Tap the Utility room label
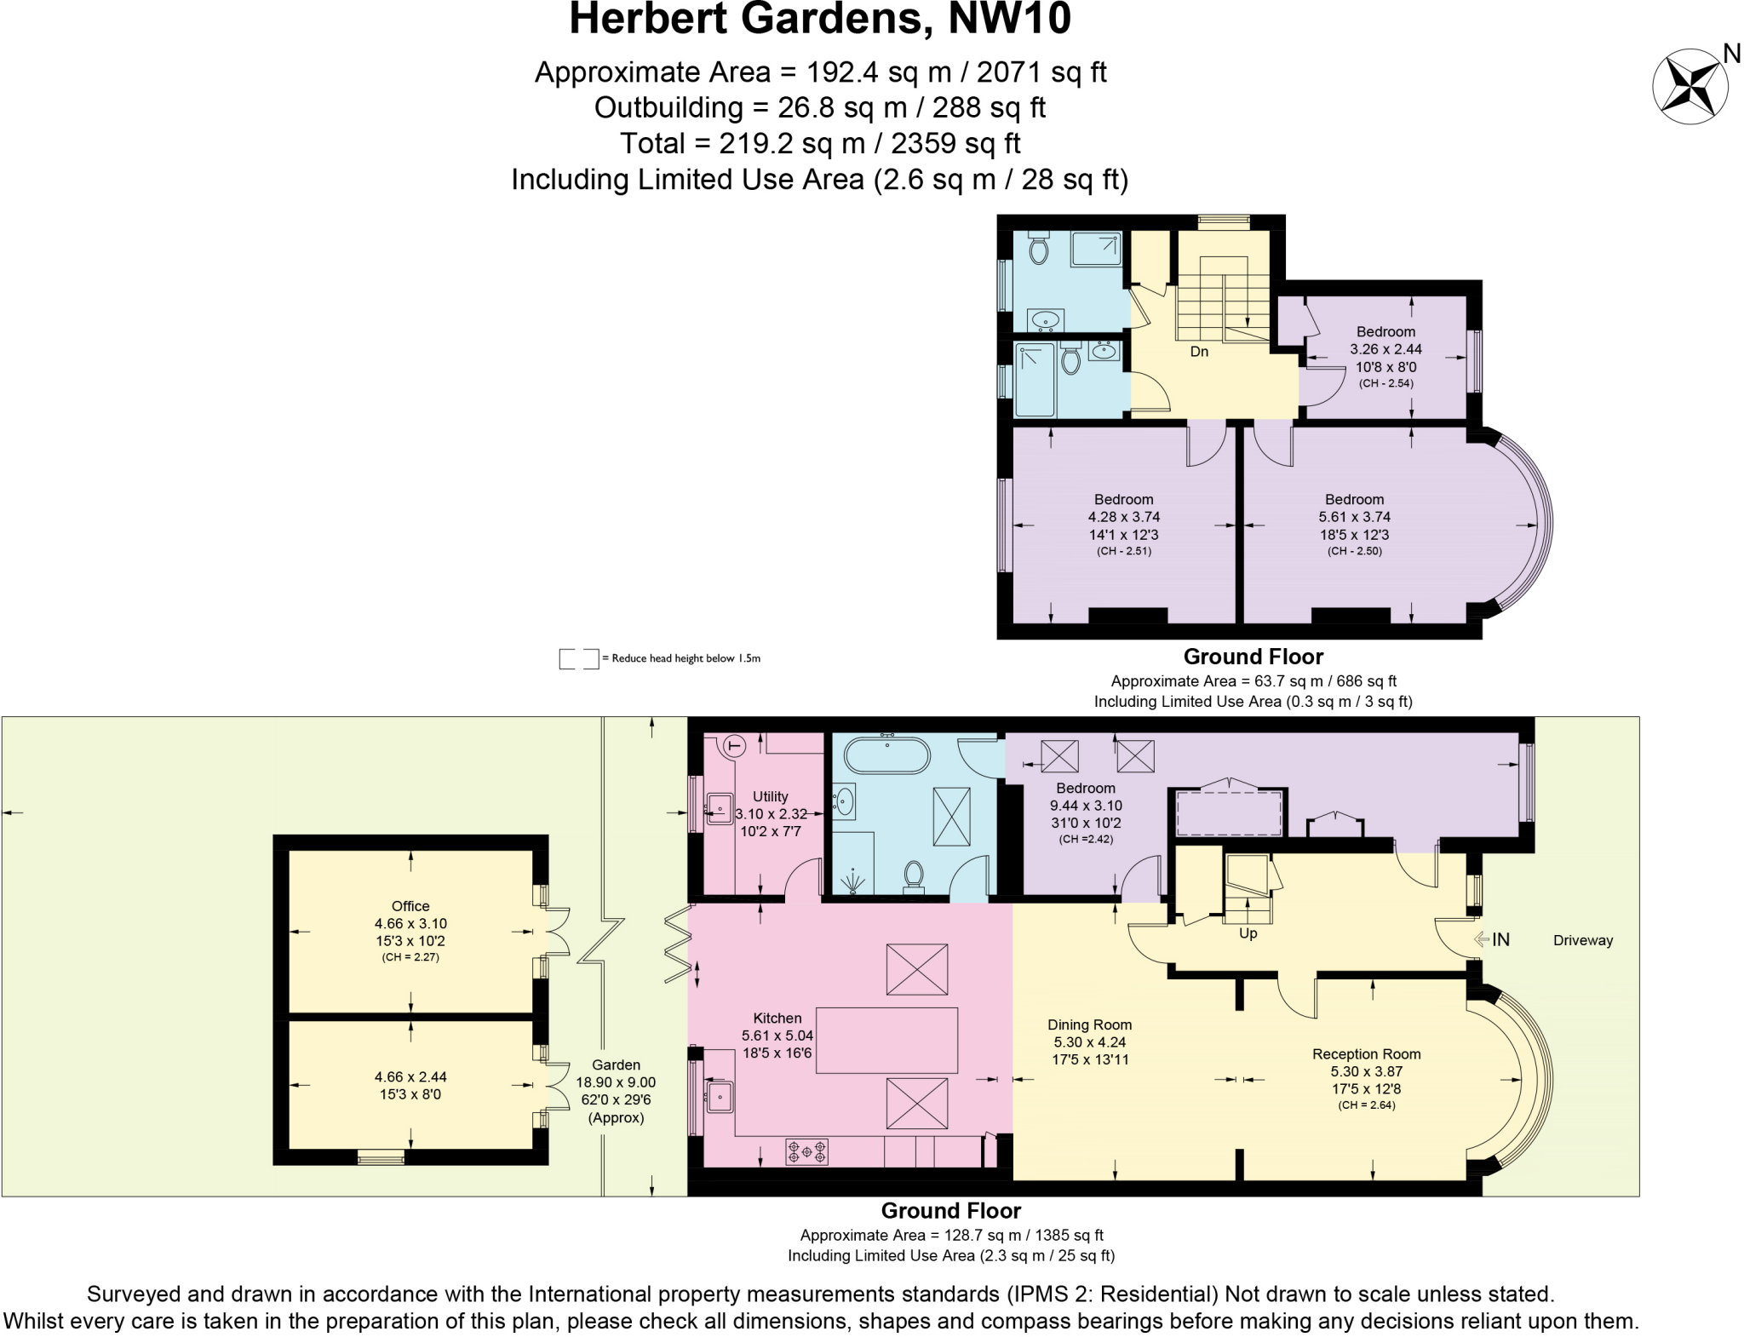coord(770,797)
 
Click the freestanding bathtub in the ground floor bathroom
coord(886,755)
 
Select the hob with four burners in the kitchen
coord(806,1152)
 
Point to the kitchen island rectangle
coord(886,1040)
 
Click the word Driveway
coord(1582,940)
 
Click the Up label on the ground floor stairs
coord(1248,933)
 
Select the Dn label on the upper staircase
coord(1198,352)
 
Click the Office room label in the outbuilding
coord(410,906)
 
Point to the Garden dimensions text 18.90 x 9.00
coord(616,1082)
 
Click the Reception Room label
coord(1366,1054)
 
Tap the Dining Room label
coord(1089,1025)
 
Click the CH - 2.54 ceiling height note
coord(1385,383)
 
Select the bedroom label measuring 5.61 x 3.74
coord(1354,500)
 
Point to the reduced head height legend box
coord(578,658)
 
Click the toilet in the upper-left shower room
coord(1038,250)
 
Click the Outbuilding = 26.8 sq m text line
coord(819,108)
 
